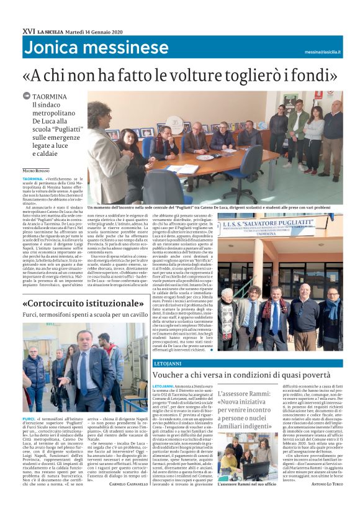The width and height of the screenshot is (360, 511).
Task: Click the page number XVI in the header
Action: click(x=29, y=30)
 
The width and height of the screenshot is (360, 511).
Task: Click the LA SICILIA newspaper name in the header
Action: click(x=52, y=31)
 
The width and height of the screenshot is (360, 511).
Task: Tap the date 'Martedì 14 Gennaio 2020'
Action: click(x=94, y=31)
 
